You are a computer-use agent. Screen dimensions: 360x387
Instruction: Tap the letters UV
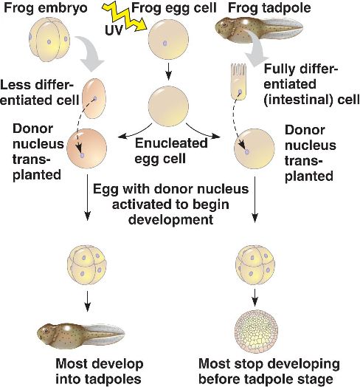point(114,30)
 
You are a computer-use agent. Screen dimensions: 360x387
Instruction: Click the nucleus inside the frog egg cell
point(165,43)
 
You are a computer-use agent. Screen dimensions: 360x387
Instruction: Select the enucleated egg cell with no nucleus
point(168,106)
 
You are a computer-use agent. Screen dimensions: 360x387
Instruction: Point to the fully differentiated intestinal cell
point(238,82)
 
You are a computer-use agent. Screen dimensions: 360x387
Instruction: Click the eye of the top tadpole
point(224,24)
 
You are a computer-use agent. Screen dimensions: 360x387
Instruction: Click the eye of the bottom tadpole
point(46,331)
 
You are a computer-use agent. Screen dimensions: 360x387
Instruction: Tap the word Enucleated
point(171,143)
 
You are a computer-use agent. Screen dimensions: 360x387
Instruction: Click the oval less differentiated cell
point(94,98)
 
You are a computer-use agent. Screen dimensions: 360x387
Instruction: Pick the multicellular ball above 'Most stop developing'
point(256,332)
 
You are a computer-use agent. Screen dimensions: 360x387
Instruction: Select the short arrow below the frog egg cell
point(168,72)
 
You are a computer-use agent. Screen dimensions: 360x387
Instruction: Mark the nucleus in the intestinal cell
point(240,92)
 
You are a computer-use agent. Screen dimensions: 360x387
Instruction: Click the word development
point(170,219)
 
